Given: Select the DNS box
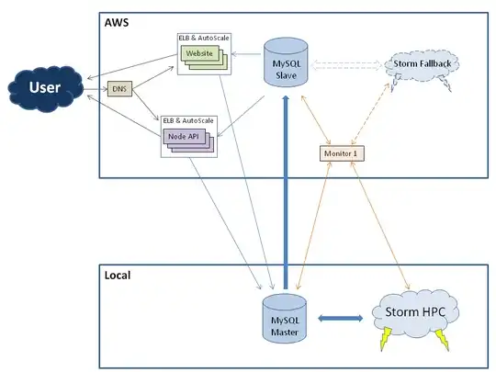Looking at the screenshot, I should pos(119,89).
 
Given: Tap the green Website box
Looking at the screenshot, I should pos(200,55).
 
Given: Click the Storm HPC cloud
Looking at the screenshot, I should pos(419,314).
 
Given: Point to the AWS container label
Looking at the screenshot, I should pos(116,22).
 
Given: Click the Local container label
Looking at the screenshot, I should pos(118,275).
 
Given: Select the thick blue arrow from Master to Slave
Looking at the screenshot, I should pos(285,193).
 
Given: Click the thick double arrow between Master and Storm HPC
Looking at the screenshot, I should pos(339,319).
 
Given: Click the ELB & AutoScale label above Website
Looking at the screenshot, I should pos(203,39).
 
